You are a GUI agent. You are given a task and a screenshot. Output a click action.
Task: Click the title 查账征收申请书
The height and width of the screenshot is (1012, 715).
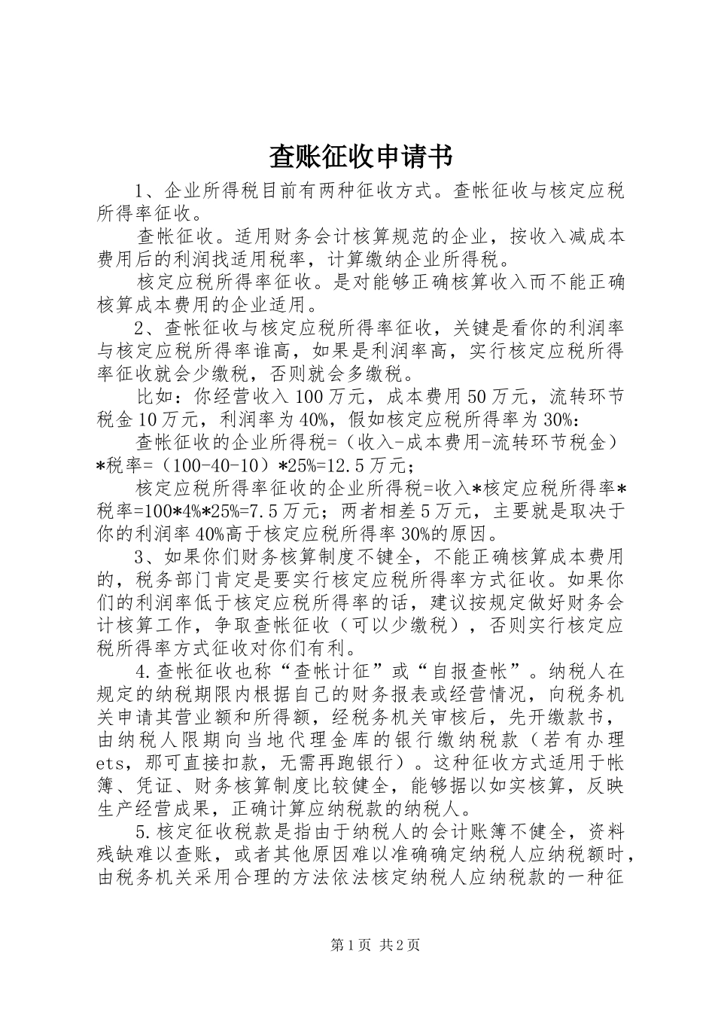[x=361, y=157]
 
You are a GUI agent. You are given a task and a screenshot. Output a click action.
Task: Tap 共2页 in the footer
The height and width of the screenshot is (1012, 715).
[x=400, y=945]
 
